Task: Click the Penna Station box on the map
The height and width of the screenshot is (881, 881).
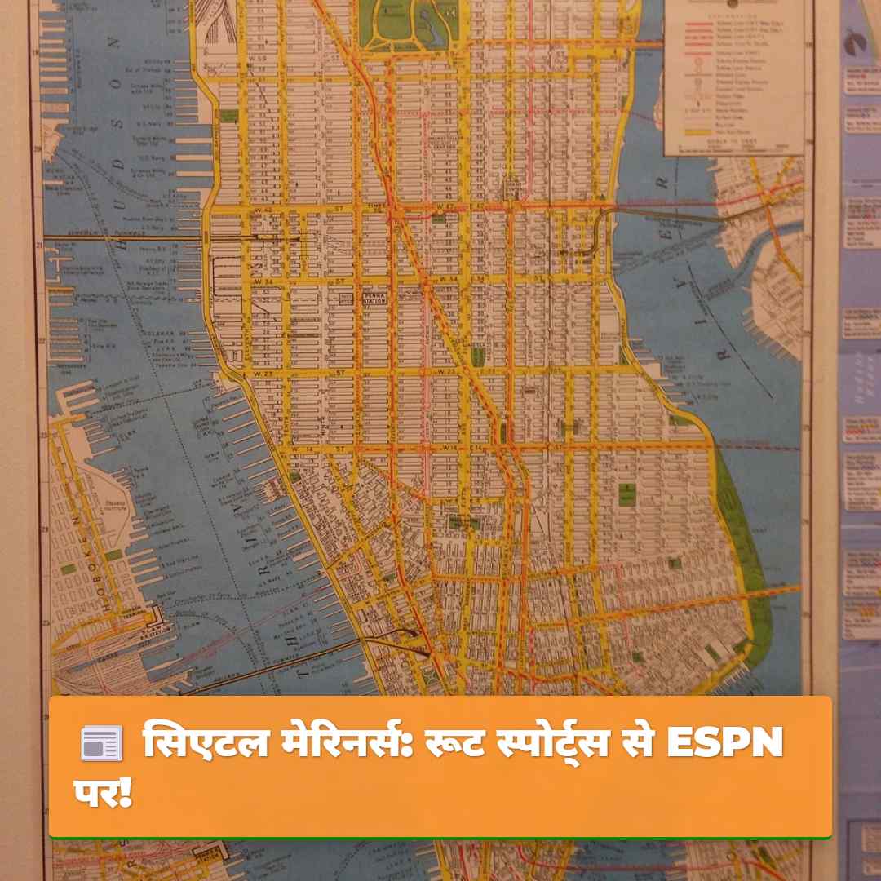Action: point(374,298)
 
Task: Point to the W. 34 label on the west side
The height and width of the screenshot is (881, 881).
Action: point(262,281)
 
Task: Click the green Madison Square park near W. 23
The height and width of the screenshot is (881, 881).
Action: point(477,355)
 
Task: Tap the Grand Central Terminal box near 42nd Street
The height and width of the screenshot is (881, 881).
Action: point(511,189)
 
